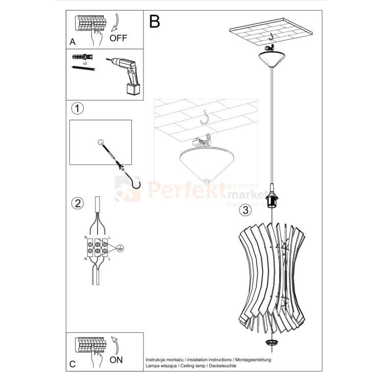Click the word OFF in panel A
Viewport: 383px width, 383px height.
(x=118, y=38)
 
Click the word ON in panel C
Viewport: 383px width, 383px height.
(x=116, y=360)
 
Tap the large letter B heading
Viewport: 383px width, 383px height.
(x=154, y=21)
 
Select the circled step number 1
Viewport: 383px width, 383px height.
(x=77, y=108)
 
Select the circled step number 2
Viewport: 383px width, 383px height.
(x=77, y=203)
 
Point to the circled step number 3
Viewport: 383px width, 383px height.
(x=246, y=209)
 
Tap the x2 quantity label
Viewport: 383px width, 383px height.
(x=85, y=63)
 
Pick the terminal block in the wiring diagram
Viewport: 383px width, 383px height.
(x=97, y=247)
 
